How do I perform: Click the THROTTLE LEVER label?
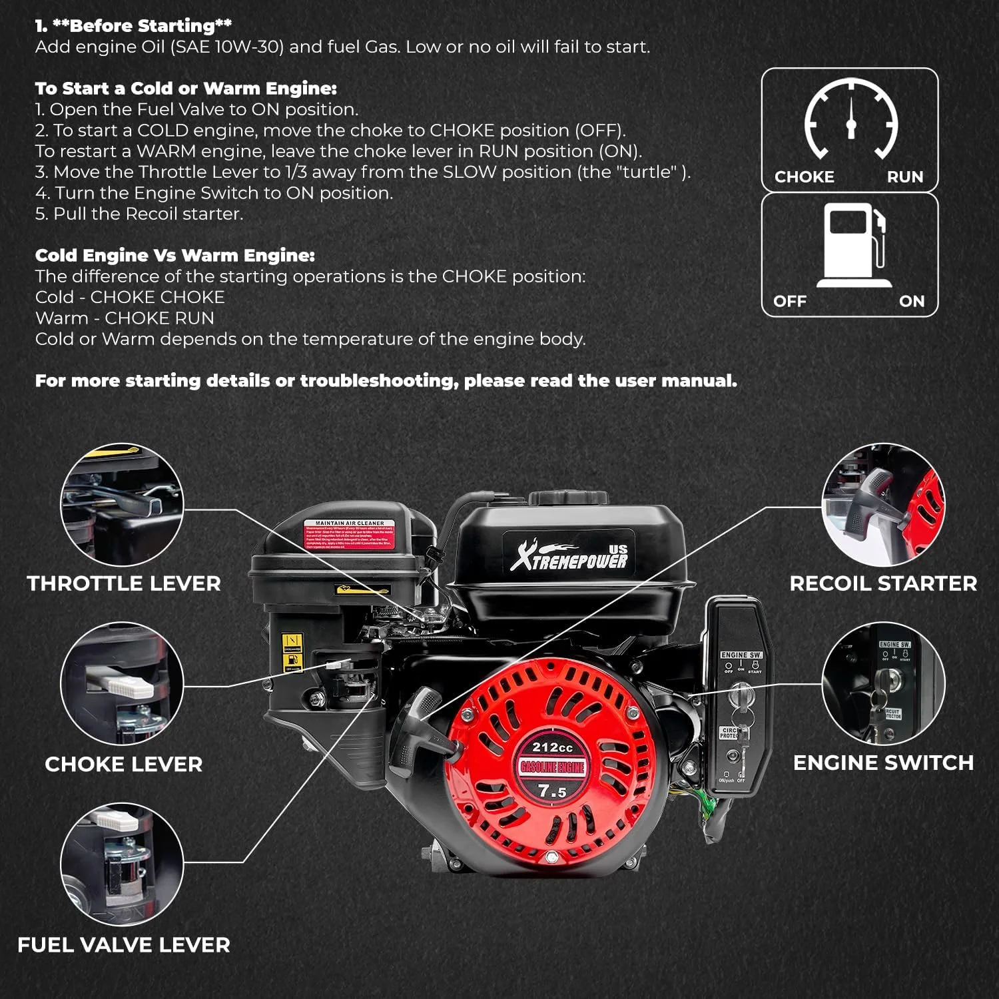click(124, 583)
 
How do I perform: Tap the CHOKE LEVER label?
click(124, 764)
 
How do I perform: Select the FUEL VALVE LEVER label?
click(124, 945)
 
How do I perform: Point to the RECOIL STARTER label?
click(883, 583)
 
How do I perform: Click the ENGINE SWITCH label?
click(883, 763)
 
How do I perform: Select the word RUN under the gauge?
click(904, 177)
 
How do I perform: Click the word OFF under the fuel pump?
click(790, 302)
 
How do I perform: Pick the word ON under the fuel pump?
click(911, 302)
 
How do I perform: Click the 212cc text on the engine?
click(552, 747)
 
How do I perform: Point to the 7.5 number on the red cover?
click(552, 791)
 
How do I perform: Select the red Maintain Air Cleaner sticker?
click(350, 535)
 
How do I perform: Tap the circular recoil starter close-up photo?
click(883, 504)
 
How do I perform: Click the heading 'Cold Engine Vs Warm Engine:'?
click(174, 256)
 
